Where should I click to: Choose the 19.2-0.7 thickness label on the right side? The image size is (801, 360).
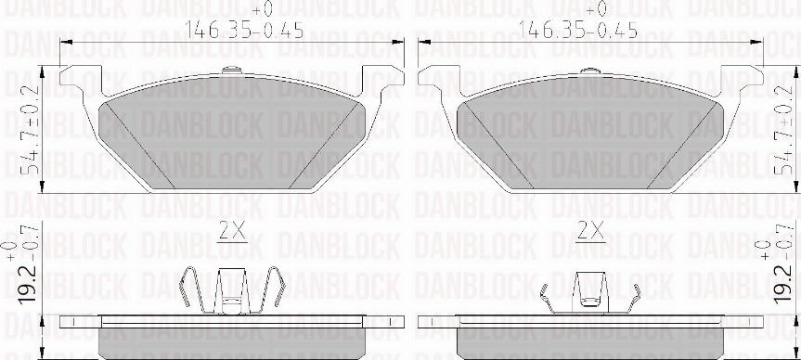pos(785,275)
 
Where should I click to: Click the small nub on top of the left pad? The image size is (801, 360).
pos(231,72)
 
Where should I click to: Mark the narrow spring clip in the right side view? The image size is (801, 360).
pos(589,295)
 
